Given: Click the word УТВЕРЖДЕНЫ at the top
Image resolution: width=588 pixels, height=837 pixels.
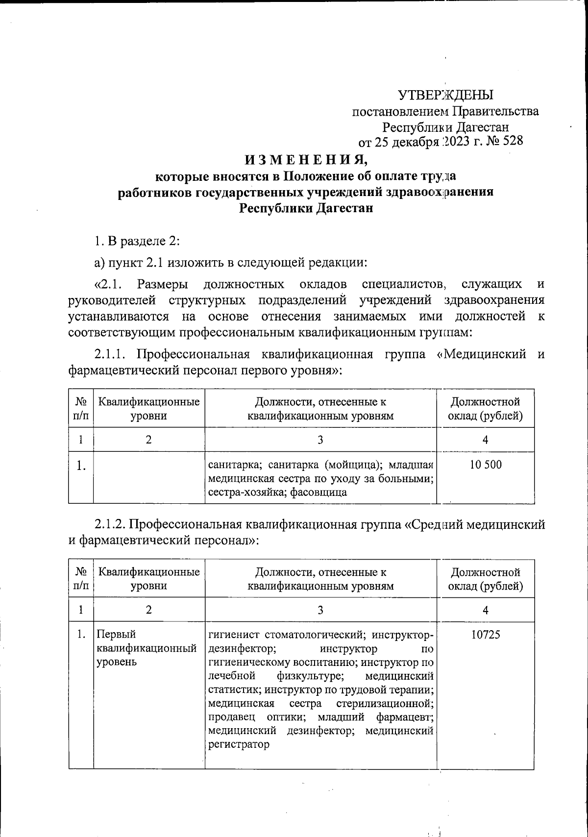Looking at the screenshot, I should click(x=445, y=95).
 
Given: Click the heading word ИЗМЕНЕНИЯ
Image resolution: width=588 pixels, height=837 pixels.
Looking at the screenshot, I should click(x=306, y=160).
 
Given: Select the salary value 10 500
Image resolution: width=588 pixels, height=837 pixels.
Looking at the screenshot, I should click(x=486, y=465).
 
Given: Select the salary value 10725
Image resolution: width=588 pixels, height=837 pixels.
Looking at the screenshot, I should click(x=486, y=635).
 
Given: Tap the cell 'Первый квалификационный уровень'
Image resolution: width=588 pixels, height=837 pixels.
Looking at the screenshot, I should click(x=147, y=648).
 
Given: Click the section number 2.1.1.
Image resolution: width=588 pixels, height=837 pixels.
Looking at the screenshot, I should click(x=112, y=354).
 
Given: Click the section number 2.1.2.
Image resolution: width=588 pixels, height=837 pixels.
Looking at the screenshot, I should click(x=112, y=525).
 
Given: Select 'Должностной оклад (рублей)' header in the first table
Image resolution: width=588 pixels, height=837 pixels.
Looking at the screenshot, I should click(x=485, y=409).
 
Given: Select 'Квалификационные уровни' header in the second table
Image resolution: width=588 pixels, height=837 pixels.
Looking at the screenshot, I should click(x=148, y=579).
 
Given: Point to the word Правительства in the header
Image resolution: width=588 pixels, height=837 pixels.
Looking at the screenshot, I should click(x=495, y=111).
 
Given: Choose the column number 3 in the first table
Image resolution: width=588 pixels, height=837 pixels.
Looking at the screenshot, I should click(x=320, y=440).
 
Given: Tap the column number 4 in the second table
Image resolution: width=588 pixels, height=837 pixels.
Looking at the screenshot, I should click(x=485, y=610).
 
